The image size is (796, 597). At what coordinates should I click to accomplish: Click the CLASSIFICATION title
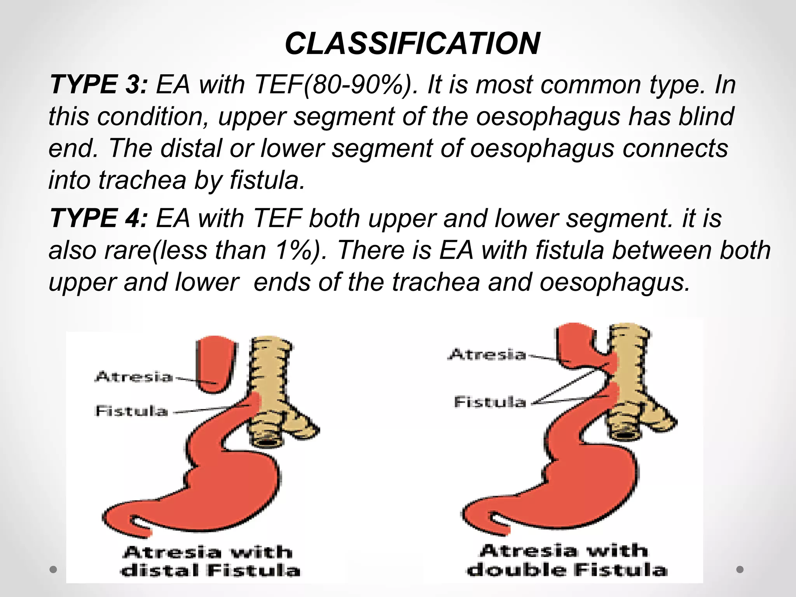click(412, 43)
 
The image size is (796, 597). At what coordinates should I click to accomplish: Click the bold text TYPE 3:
click(99, 84)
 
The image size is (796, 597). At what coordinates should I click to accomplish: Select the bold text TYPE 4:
click(99, 218)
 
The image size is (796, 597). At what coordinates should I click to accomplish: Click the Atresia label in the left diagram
click(134, 377)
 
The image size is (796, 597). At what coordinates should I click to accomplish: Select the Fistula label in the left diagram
click(131, 411)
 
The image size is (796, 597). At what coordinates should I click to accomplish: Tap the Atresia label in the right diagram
click(487, 354)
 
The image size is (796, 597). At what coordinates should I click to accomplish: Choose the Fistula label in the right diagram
click(490, 402)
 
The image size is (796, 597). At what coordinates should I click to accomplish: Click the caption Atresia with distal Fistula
click(210, 562)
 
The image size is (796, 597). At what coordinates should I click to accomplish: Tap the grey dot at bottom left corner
click(54, 570)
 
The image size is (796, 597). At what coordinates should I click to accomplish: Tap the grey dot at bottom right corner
click(740, 569)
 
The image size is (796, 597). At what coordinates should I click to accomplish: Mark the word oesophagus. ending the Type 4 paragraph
click(614, 282)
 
